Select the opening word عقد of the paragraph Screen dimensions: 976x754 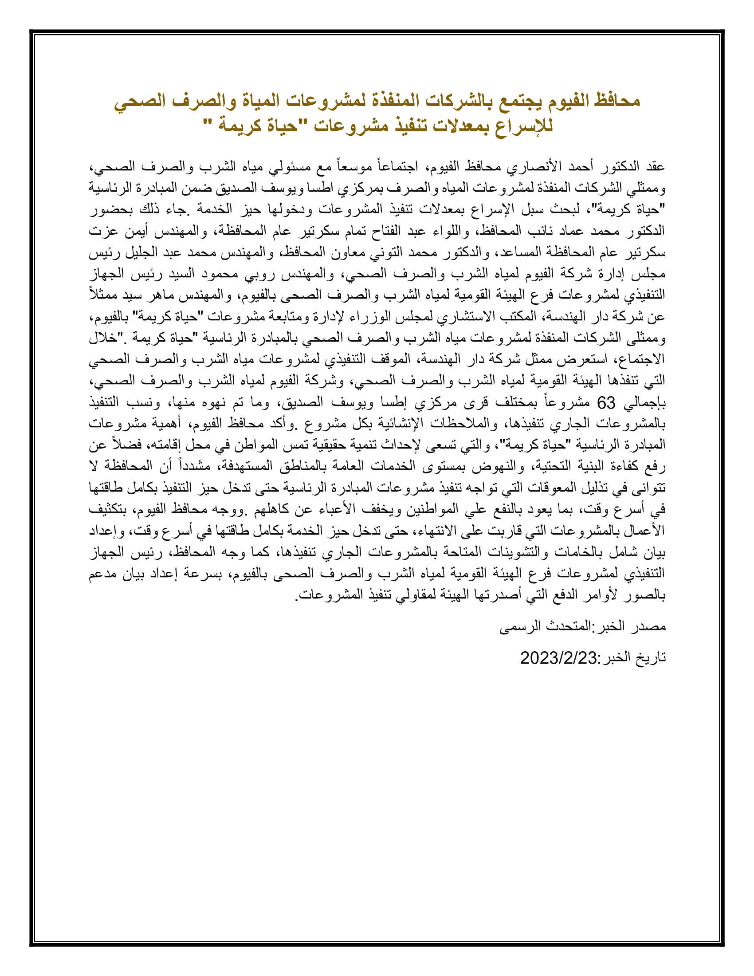[655, 166]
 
